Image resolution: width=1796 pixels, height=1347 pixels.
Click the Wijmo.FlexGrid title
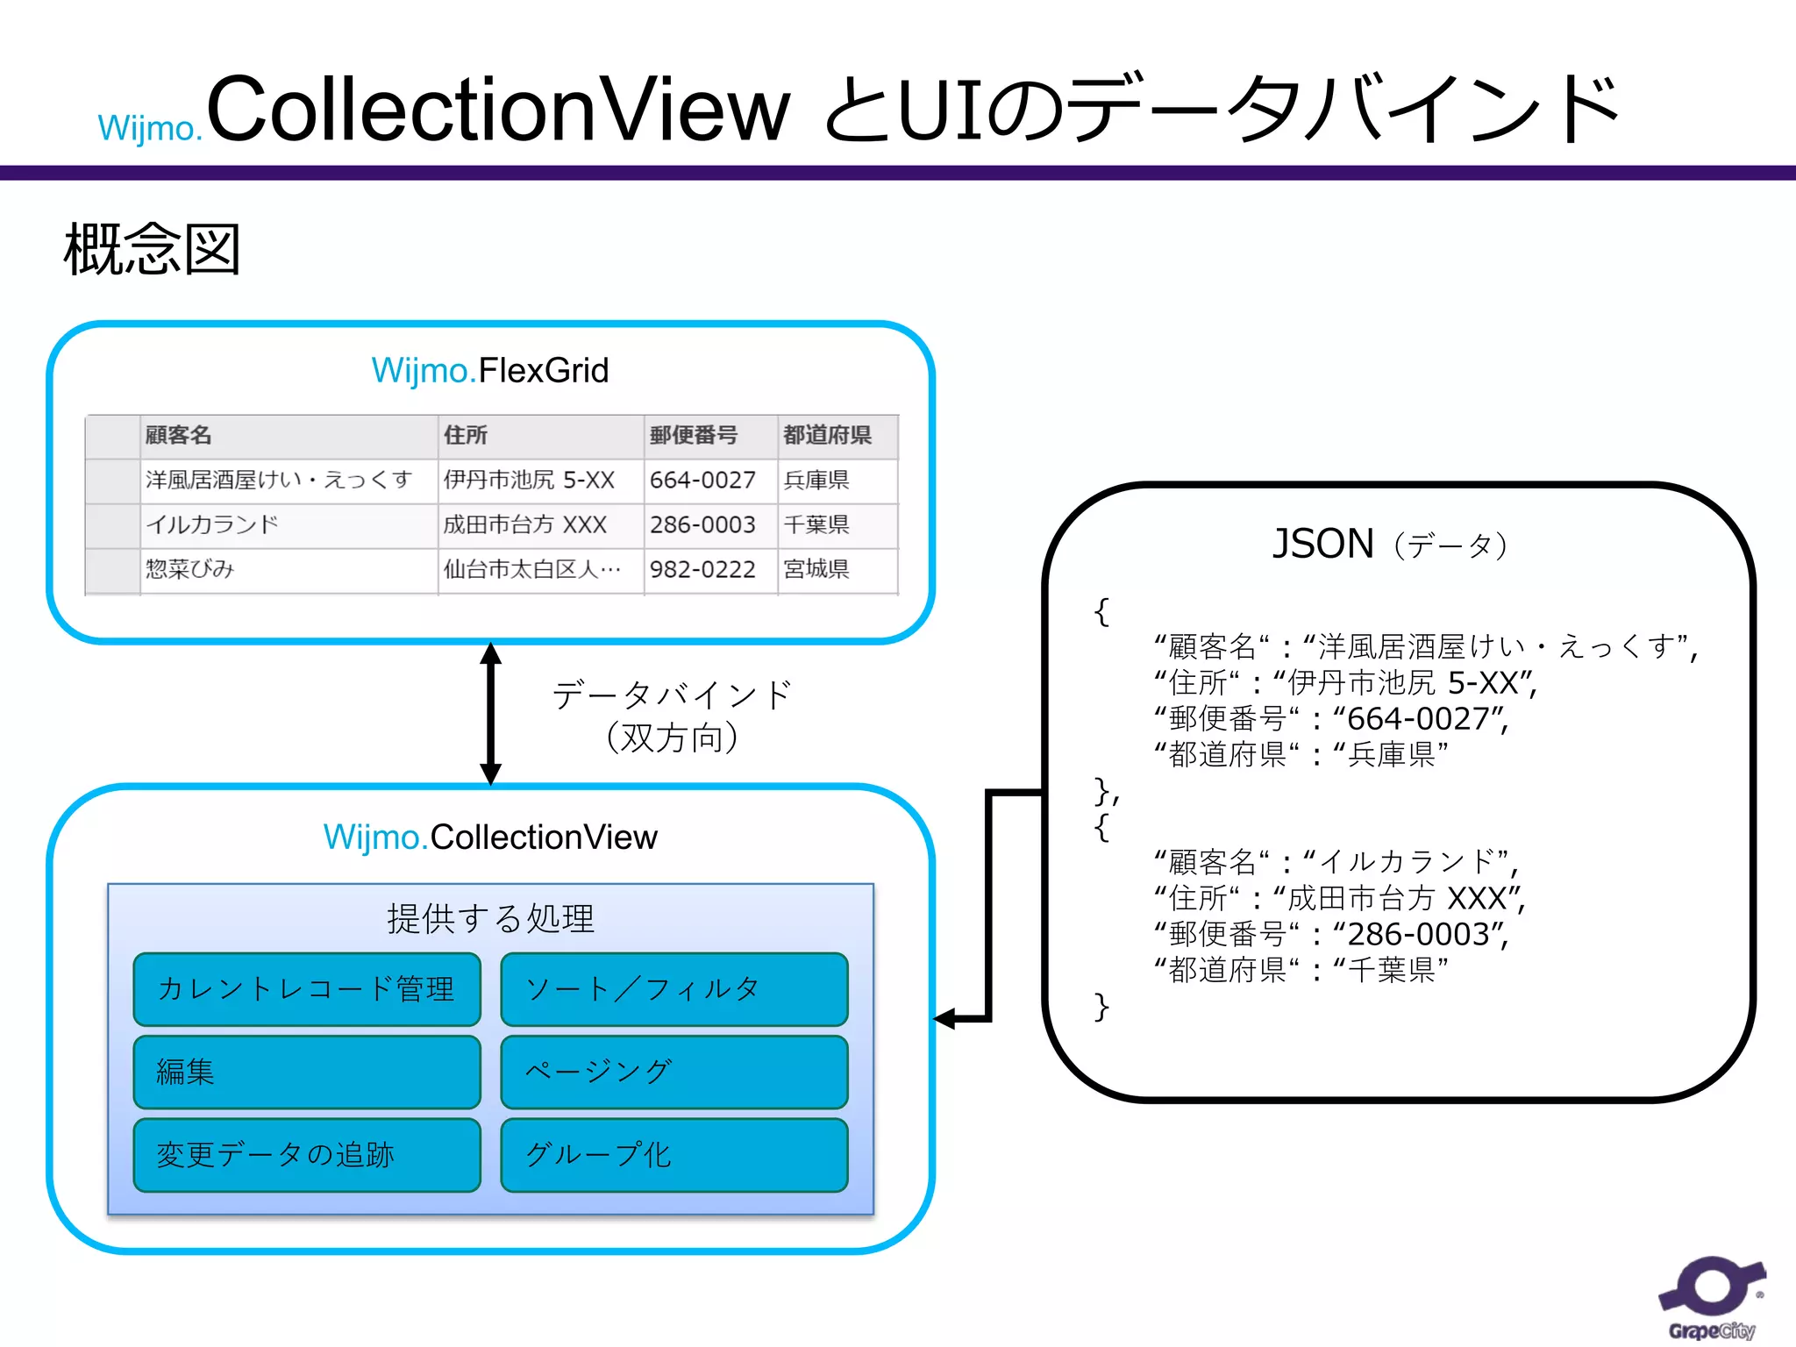(x=490, y=371)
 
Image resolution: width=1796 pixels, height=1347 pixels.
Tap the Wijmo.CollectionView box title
(x=490, y=837)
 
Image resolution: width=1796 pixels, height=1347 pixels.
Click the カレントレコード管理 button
(x=307, y=989)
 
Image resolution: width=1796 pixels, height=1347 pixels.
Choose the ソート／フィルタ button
(x=673, y=989)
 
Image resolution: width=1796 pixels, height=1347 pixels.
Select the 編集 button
(x=307, y=1072)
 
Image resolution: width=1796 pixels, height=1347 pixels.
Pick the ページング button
(x=673, y=1072)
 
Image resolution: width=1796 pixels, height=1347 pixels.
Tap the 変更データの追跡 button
(x=307, y=1155)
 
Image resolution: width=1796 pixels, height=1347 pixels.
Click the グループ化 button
(x=673, y=1155)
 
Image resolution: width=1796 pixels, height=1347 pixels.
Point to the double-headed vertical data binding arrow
(x=491, y=713)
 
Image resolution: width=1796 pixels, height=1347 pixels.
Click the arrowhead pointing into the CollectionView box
(x=947, y=1019)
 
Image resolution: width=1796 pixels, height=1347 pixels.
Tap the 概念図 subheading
(x=152, y=250)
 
